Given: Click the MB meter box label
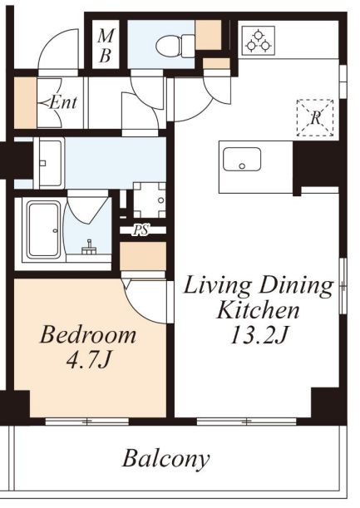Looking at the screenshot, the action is [x=106, y=46].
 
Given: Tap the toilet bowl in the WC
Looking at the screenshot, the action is [x=175, y=46].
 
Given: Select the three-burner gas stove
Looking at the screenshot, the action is [x=259, y=41].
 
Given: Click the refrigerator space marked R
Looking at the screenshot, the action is [x=315, y=117].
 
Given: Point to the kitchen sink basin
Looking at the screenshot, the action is [x=242, y=159].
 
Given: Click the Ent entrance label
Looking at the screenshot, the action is [x=61, y=103].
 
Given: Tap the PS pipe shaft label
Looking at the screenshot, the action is [x=141, y=230].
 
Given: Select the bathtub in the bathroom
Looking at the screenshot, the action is [x=44, y=229].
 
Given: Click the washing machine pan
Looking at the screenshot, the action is [x=150, y=200].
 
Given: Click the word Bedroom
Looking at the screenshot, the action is [x=88, y=335].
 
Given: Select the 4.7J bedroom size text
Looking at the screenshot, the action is [x=88, y=360].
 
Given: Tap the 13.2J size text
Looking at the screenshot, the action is [x=259, y=334].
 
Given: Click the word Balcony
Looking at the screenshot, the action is [x=165, y=458].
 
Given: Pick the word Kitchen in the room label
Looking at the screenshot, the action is [x=258, y=310].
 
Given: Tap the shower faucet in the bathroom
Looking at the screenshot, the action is [x=88, y=248].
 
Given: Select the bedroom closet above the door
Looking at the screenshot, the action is [x=143, y=256].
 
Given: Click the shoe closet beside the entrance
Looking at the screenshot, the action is [x=25, y=103].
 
